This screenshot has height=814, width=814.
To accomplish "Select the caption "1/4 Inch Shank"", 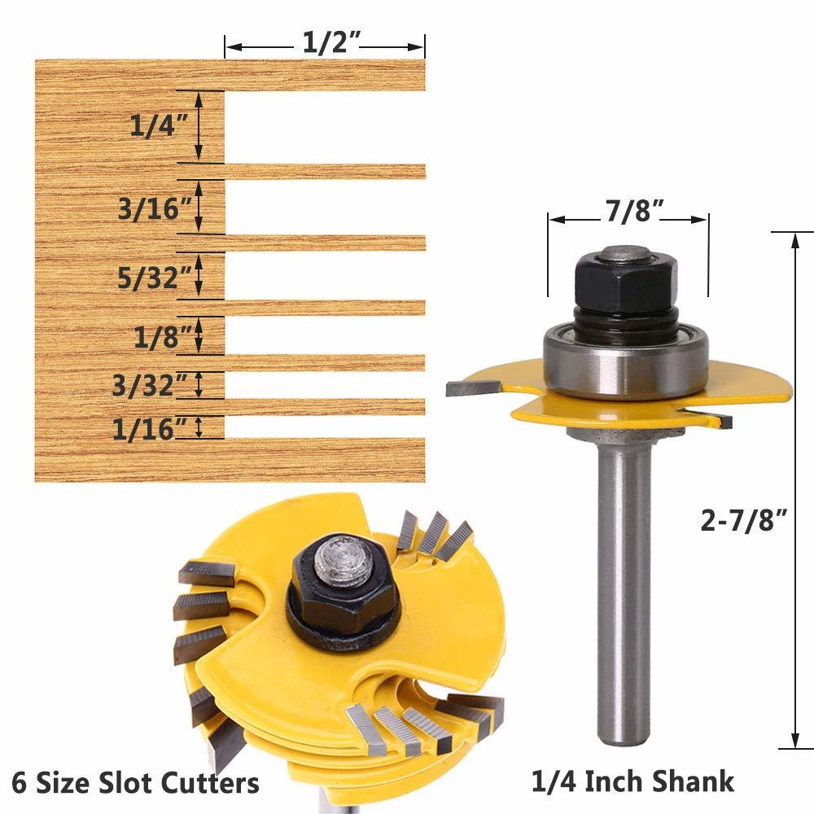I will tap(632, 782).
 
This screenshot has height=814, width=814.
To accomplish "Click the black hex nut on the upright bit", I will tap(626, 277).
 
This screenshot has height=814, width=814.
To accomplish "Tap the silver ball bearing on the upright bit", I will tap(626, 358).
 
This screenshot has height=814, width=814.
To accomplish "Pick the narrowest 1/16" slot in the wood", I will tap(326, 427).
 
